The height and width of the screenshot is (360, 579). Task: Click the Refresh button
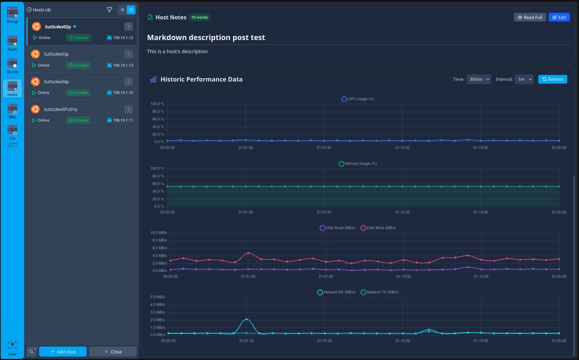click(x=552, y=79)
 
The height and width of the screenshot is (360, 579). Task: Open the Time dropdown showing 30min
click(x=479, y=79)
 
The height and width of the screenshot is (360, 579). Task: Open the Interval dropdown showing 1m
click(x=524, y=79)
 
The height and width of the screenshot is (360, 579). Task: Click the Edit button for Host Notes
click(x=559, y=17)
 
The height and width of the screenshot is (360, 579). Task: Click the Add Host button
click(x=63, y=352)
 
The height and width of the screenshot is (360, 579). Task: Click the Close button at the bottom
click(x=113, y=352)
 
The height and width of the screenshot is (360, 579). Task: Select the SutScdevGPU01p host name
click(x=60, y=110)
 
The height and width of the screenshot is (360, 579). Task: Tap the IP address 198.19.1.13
click(x=123, y=65)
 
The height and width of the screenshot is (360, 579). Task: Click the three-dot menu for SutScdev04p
click(x=128, y=82)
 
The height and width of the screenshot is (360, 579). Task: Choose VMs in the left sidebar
click(x=12, y=111)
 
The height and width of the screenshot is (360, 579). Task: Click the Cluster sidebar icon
click(x=12, y=66)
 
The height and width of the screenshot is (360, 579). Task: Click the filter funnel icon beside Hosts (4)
click(x=109, y=10)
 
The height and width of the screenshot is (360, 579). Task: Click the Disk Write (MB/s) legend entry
click(x=378, y=228)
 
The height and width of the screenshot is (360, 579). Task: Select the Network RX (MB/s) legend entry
click(x=336, y=292)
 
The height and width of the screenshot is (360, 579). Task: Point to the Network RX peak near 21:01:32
click(x=247, y=319)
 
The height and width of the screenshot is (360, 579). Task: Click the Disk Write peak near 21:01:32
click(x=248, y=253)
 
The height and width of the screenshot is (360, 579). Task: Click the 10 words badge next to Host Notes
click(x=200, y=17)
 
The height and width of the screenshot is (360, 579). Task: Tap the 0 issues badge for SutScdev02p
click(x=79, y=38)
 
